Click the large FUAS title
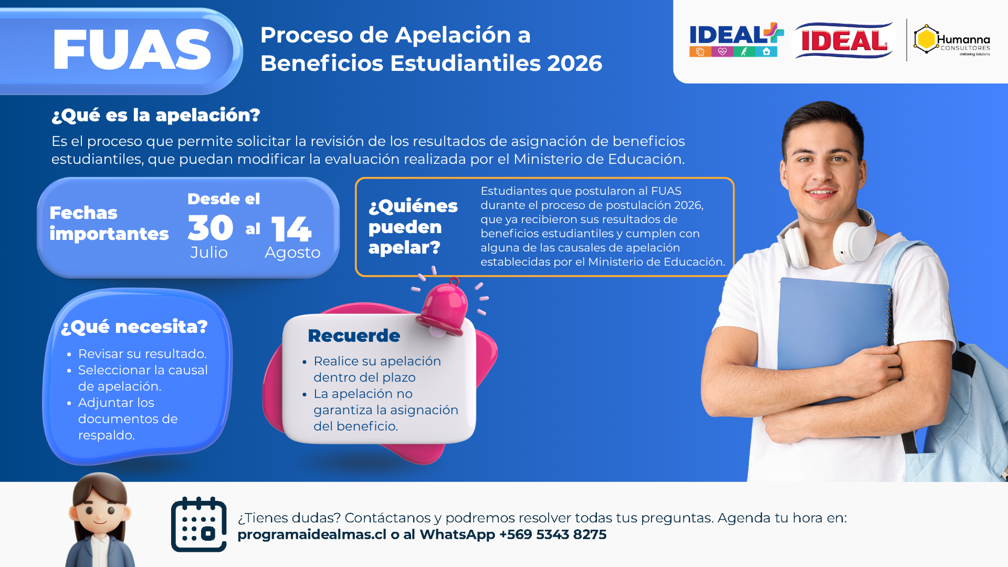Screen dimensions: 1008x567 (132, 50)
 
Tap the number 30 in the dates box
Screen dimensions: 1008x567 (211, 228)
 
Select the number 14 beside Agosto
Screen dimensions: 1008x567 (291, 229)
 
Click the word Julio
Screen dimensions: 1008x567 (209, 253)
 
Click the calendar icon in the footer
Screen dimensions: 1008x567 (199, 524)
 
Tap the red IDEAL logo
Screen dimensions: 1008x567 (844, 40)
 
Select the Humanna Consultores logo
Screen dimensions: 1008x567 (952, 40)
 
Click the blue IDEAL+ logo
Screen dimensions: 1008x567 (736, 39)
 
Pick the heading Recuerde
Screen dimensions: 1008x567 (354, 335)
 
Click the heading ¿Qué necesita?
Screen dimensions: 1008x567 (134, 327)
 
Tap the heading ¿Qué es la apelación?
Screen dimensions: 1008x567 (156, 115)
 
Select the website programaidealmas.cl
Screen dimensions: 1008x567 (312, 534)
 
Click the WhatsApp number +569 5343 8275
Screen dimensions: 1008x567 (553, 534)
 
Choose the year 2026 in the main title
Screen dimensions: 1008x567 (575, 64)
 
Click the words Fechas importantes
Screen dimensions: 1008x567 (109, 223)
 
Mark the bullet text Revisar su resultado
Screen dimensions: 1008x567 (142, 354)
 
